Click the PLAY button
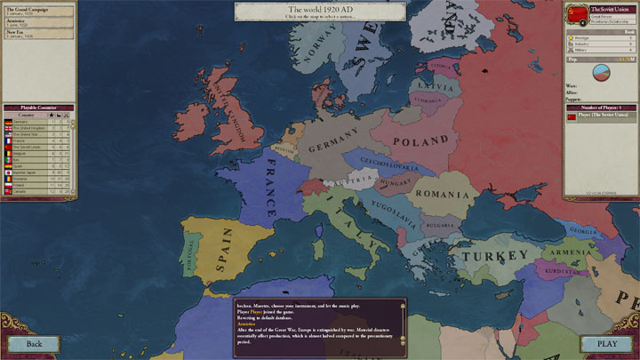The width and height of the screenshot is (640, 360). coord(606,344)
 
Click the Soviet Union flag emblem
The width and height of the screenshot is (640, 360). coord(578,11)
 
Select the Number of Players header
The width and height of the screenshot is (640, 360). coord(601,105)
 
